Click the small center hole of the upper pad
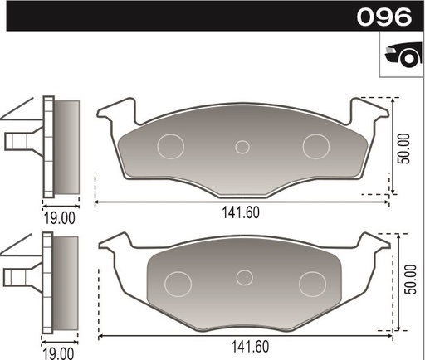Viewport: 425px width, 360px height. click(x=242, y=147)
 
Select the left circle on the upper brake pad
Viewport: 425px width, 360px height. click(x=172, y=146)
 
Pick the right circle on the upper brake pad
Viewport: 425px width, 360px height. click(x=315, y=146)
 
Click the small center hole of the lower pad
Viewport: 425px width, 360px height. click(x=244, y=277)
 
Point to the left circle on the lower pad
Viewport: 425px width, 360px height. click(x=178, y=283)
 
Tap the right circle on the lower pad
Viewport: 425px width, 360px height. click(x=311, y=283)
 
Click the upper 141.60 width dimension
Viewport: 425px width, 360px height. click(x=241, y=212)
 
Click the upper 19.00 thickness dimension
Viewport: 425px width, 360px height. click(x=60, y=218)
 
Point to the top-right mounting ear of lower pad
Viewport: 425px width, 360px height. click(x=370, y=243)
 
